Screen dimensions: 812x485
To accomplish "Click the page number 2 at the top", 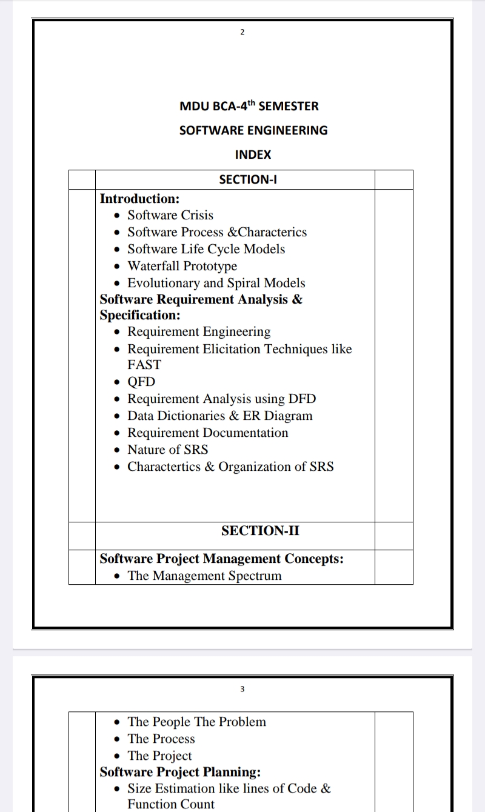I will point(242,32).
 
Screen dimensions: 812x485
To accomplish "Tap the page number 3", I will point(242,689).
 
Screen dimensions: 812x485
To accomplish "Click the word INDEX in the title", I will point(253,155).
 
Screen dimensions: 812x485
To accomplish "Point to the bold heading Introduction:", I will point(139,199).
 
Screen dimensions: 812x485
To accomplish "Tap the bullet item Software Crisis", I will point(170,215).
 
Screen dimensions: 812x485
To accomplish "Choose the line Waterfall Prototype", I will point(182,266).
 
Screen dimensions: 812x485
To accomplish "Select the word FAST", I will point(144,365).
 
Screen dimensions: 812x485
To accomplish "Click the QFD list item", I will point(141,382).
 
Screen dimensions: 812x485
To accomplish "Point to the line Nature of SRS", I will point(167,450).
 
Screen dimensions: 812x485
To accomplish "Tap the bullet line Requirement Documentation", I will point(207,433).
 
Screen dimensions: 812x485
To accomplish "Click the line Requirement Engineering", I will point(199,331).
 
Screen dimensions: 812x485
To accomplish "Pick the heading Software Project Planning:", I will point(180,772).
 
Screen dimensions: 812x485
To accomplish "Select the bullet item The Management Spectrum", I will point(204,576).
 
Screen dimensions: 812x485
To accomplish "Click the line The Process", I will point(161,739).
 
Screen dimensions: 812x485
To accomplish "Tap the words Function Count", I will point(170,804).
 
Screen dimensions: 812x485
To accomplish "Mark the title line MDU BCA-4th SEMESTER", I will point(249,107).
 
